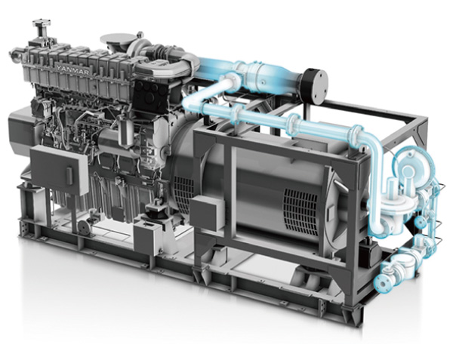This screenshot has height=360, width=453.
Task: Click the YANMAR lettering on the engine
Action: (x=72, y=69)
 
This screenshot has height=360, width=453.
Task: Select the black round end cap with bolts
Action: (x=315, y=83)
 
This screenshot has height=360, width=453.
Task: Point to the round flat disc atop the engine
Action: (x=117, y=39)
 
